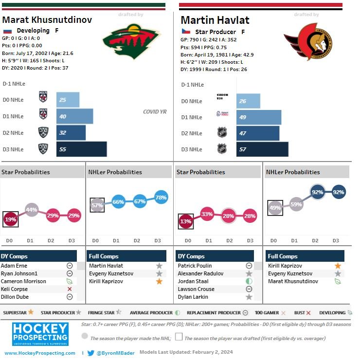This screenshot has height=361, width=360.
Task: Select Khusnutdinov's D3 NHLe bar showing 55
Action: [x=81, y=149]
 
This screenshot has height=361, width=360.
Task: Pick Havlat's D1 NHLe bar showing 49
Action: [x=258, y=117]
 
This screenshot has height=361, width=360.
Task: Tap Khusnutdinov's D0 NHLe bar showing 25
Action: [x=68, y=100]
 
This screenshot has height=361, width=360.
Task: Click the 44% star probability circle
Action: [x=32, y=210]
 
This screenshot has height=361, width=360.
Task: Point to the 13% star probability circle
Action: [x=185, y=221]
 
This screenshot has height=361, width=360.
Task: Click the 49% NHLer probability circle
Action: [x=274, y=209]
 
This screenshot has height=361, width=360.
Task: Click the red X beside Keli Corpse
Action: [x=70, y=289]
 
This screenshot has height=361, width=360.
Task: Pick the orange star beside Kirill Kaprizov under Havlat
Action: [x=338, y=266]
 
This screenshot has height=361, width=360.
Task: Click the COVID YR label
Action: [x=155, y=111]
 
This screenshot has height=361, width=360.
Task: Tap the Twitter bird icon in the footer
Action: [x=90, y=353]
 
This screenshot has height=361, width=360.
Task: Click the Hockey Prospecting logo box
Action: [x=40, y=334]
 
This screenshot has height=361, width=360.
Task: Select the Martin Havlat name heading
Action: [x=215, y=20]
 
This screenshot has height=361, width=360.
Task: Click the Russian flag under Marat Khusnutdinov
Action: [x=7, y=31]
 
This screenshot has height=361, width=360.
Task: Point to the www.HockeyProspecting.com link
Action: [x=40, y=353]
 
